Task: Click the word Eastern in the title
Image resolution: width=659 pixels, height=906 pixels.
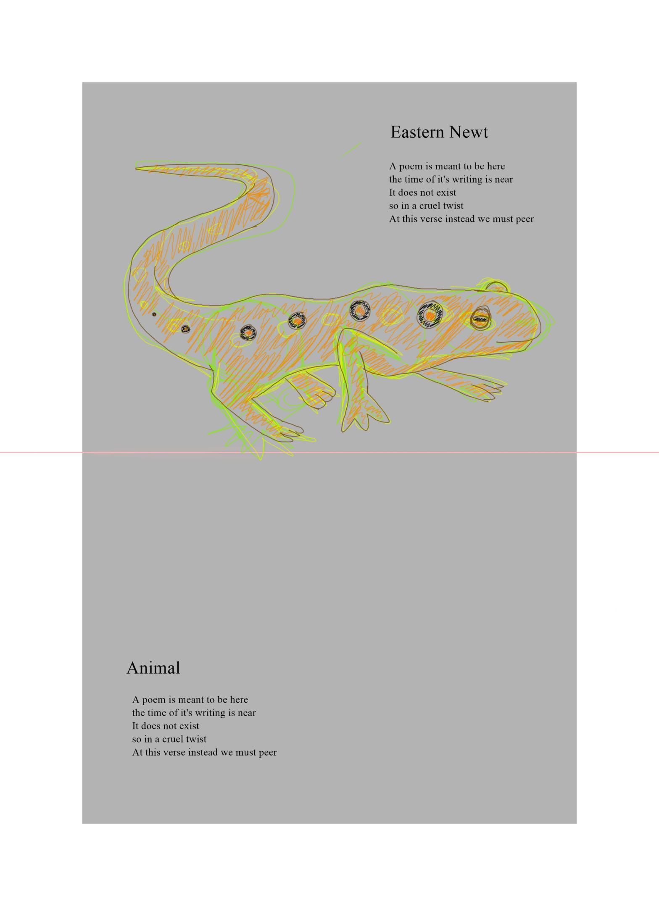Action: (x=417, y=132)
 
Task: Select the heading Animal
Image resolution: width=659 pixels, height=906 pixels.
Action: (x=153, y=668)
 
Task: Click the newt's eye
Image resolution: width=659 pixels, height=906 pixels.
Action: (x=480, y=319)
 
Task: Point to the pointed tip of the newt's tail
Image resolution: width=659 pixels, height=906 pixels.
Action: (x=136, y=169)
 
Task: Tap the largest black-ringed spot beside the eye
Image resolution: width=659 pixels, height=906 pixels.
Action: (x=430, y=314)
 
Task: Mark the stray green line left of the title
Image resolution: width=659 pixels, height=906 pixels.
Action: (x=351, y=150)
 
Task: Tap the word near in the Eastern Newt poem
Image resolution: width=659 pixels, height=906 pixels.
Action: (x=504, y=179)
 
